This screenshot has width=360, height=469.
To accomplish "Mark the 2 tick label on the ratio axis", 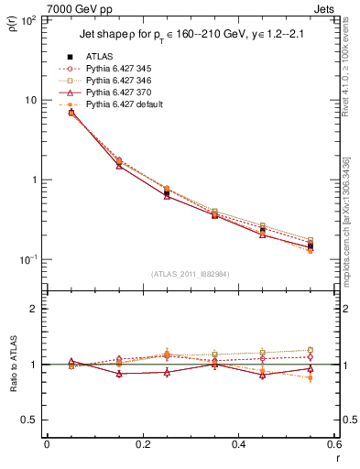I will coord(35,309).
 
